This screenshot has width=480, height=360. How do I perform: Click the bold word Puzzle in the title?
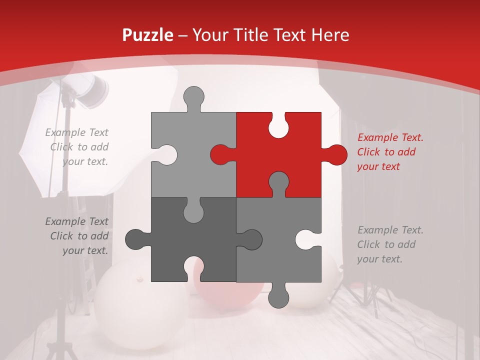click(x=147, y=35)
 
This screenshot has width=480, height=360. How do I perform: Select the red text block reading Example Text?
click(x=390, y=152)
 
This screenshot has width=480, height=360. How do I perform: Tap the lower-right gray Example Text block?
click(x=390, y=244)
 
